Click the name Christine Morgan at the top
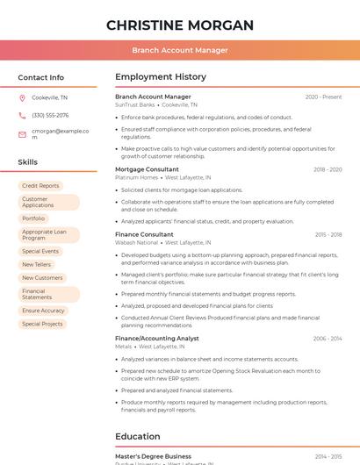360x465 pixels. (179, 25)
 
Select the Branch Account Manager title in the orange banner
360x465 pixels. (179, 50)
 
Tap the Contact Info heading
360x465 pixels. (40, 77)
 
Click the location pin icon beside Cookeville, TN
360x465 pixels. (22, 98)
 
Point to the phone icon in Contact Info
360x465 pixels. (22, 115)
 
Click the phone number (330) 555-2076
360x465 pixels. (50, 115)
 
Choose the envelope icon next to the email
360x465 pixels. (22, 134)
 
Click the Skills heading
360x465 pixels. (27, 162)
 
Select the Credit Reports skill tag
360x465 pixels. (40, 186)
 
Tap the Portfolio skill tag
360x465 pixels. (33, 218)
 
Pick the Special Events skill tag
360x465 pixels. (40, 251)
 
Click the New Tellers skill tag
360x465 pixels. (37, 264)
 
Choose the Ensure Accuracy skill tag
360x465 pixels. (43, 311)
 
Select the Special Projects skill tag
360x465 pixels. (42, 324)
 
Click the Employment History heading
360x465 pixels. (160, 77)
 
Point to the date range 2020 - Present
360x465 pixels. (323, 97)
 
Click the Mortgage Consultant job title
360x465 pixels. (147, 169)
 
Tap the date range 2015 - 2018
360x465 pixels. (328, 235)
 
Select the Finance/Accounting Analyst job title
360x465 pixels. (157, 339)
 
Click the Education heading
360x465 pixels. (137, 436)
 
